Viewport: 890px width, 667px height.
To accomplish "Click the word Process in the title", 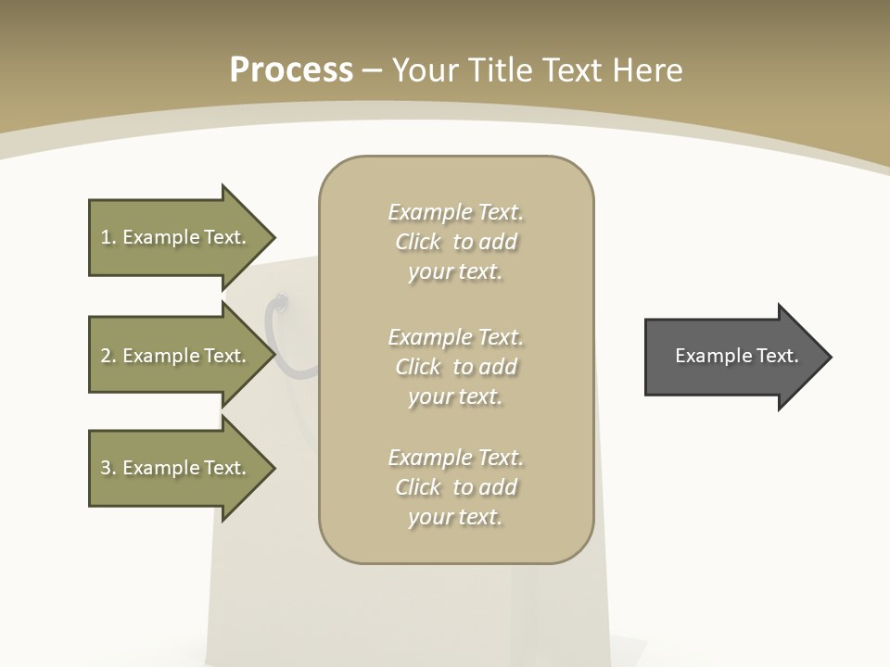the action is click(x=291, y=70).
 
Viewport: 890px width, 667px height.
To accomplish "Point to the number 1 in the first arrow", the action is click(x=106, y=237).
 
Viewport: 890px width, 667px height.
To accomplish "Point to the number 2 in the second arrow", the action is click(x=106, y=356).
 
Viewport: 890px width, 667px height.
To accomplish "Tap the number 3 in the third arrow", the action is click(x=106, y=468).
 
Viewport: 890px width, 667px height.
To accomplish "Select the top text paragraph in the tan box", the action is click(x=455, y=242).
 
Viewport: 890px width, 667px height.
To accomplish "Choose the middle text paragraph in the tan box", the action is click(x=455, y=366).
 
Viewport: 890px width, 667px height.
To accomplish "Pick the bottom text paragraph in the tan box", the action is click(x=455, y=487).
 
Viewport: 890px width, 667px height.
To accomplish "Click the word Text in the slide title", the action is click(x=569, y=70).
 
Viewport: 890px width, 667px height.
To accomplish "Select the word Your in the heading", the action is click(x=425, y=70).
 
